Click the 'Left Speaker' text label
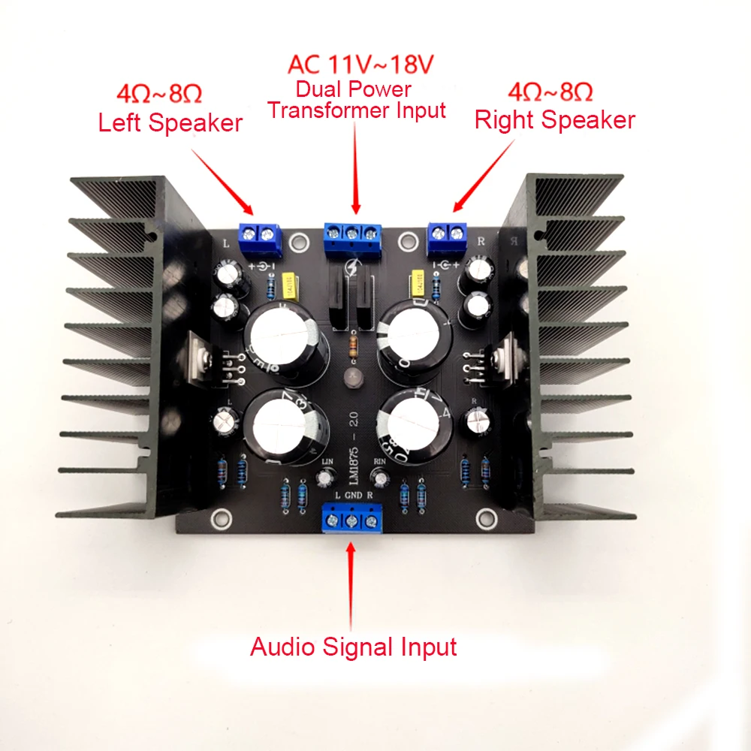(170, 122)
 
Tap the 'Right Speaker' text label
(555, 120)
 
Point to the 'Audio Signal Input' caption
(353, 646)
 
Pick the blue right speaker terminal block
(448, 237)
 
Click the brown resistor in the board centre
(354, 346)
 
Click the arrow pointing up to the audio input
(351, 582)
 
